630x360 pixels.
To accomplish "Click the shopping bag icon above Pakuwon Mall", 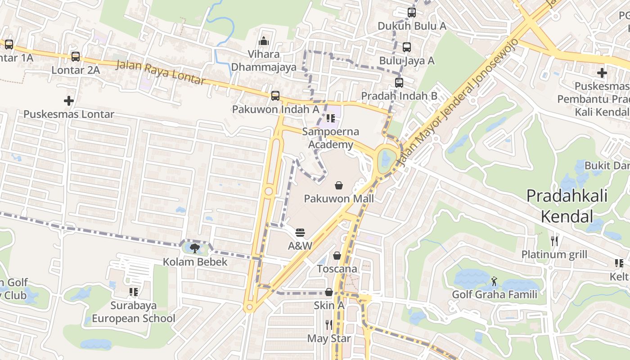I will pyautogui.click(x=338, y=185).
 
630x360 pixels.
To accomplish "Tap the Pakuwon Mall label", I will pyautogui.click(x=338, y=198).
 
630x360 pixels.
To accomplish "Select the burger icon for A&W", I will pyautogui.click(x=300, y=233).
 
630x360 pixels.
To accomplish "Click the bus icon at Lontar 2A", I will pyautogui.click(x=76, y=57).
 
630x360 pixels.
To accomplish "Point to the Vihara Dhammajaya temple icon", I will pyautogui.click(x=264, y=41).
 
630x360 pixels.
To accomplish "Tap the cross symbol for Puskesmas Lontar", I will pyautogui.click(x=68, y=101).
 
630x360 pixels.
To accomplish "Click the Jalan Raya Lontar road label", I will pyautogui.click(x=161, y=72).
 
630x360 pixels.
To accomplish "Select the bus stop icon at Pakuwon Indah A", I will pyautogui.click(x=275, y=96).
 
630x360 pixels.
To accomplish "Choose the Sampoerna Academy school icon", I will pyautogui.click(x=331, y=118).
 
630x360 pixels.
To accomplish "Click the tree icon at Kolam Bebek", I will pyautogui.click(x=195, y=248).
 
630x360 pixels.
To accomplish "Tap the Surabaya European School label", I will pyautogui.click(x=134, y=312).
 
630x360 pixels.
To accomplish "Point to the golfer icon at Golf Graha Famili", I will pyautogui.click(x=494, y=281).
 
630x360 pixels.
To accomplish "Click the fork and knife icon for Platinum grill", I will pyautogui.click(x=554, y=241).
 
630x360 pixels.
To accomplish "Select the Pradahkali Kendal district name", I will pyautogui.click(x=567, y=206).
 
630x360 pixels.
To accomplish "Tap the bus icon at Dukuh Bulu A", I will pyautogui.click(x=411, y=13).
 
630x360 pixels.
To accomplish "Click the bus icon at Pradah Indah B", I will pyautogui.click(x=399, y=82).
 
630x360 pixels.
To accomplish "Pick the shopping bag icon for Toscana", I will pyautogui.click(x=337, y=256).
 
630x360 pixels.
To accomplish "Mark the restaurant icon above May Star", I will pyautogui.click(x=329, y=324).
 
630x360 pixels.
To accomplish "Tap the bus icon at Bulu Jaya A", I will pyautogui.click(x=406, y=47).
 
